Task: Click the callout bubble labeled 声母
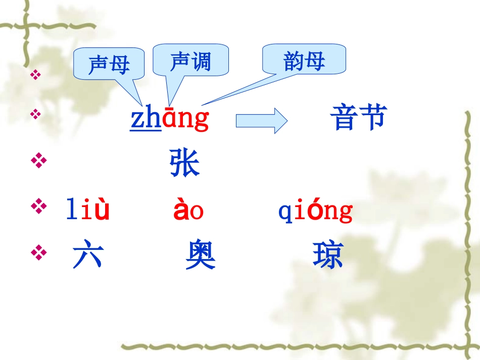tap(109, 64)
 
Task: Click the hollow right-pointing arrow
tap(261, 121)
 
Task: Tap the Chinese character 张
tap(185, 165)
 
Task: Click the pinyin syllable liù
tap(87, 212)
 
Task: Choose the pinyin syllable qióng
tap(315, 213)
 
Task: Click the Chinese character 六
tap(87, 255)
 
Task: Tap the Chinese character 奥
tap(200, 256)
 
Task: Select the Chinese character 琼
tap(328, 256)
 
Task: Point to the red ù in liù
tap(102, 212)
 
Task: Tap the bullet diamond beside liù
tap(38, 207)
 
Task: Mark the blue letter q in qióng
tap(285, 213)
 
